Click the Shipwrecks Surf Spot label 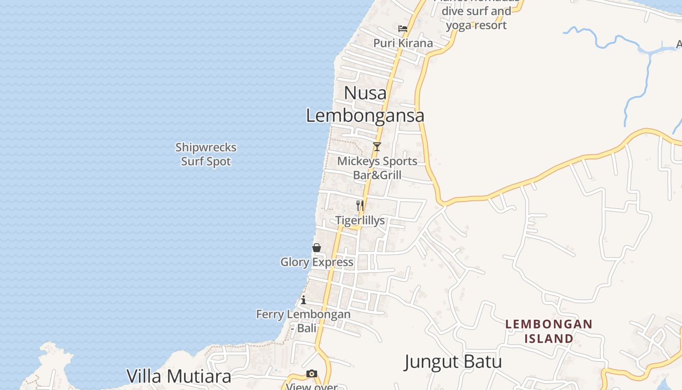(206, 154)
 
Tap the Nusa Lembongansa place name (365, 104)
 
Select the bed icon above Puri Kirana (403, 29)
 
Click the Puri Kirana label (403, 43)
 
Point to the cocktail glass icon (377, 147)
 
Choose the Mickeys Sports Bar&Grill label (377, 168)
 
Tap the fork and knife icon (360, 206)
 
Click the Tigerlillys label (360, 220)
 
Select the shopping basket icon (317, 248)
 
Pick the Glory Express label (317, 262)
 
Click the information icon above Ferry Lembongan (303, 300)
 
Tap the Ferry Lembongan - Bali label (303, 321)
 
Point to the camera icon (312, 374)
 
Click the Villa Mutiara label (179, 376)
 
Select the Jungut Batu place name (453, 362)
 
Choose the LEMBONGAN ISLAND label (549, 331)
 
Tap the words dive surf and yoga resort (476, 18)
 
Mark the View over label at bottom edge (312, 387)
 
